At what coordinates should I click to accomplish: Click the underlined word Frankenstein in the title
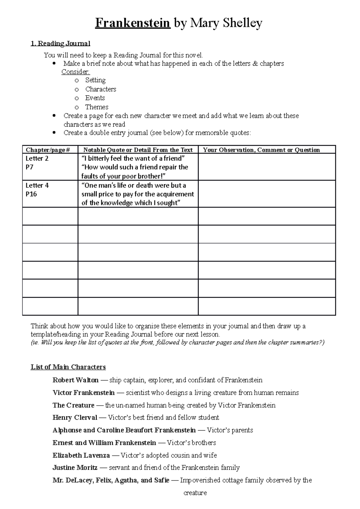coord(133,23)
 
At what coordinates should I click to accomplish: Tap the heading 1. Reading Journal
coord(60,44)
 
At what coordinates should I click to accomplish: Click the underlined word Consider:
coord(76,72)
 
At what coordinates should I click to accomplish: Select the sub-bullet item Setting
coord(95,80)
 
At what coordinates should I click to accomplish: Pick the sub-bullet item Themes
coord(97,107)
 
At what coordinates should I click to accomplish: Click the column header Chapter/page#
coord(48,150)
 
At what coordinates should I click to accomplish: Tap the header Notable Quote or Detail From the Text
coord(138,150)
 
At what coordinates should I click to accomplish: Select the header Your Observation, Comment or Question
coord(261,150)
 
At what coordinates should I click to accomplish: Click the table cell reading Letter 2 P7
coord(37,163)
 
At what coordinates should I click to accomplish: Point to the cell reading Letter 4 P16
coord(37,190)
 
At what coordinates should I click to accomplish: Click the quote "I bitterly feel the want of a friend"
coord(133,159)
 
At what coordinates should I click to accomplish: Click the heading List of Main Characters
coord(68,367)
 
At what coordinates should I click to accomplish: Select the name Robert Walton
coord(75,380)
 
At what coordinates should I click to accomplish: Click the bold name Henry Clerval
coord(75,418)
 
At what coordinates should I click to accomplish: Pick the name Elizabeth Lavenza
coord(81,455)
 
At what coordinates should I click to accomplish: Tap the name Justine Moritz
coord(75,468)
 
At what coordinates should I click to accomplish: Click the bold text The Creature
coord(73,405)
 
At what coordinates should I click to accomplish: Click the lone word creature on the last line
coord(195,493)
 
